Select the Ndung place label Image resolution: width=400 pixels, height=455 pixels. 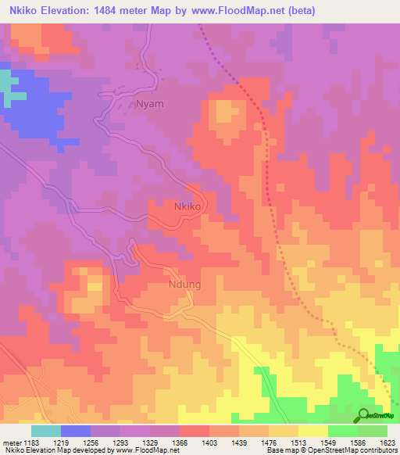(x=184, y=285)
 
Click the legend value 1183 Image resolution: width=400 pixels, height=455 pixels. (x=31, y=442)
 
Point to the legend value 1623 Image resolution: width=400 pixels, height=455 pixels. (x=387, y=442)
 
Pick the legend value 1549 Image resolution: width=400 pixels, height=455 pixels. (x=327, y=442)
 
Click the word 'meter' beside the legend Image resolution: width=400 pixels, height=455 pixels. (x=11, y=442)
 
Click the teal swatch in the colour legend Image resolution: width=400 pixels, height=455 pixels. (x=45, y=431)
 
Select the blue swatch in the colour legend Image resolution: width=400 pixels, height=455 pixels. (x=75, y=431)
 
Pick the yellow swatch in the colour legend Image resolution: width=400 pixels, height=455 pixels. (x=312, y=431)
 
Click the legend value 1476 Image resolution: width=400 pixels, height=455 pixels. (x=268, y=442)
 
